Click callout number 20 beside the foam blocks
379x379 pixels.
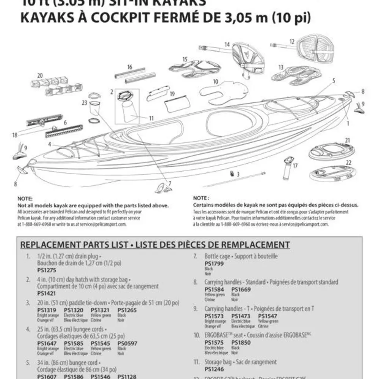click(40, 75)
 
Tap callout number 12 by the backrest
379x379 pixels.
click(292, 41)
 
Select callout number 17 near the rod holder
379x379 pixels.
click(295, 165)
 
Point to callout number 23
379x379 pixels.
click(84, 103)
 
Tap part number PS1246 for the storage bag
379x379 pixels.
click(214, 369)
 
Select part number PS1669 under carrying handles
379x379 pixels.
click(241, 290)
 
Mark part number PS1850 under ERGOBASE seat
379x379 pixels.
click(241, 343)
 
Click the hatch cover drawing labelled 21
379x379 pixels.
click(329, 151)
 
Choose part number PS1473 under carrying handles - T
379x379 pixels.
click(241, 316)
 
